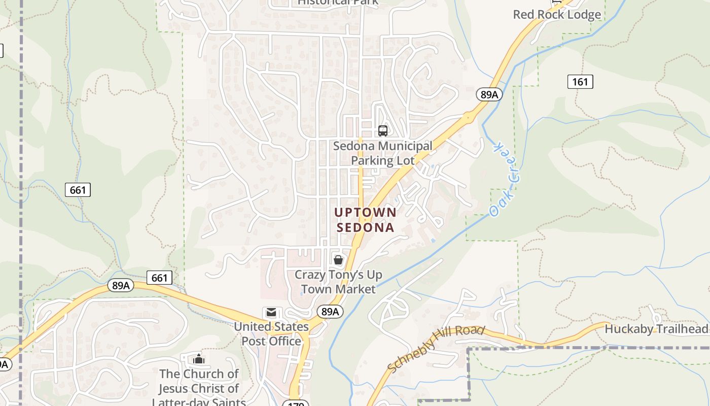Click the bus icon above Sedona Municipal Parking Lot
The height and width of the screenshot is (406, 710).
pyautogui.click(x=383, y=131)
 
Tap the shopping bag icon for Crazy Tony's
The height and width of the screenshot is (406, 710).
pyautogui.click(x=338, y=260)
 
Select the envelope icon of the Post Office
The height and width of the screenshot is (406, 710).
pyautogui.click(x=271, y=313)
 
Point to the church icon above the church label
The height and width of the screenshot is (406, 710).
pyautogui.click(x=198, y=359)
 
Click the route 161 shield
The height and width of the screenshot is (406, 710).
pyautogui.click(x=580, y=82)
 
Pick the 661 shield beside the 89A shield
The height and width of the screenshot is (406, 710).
pyautogui.click(x=159, y=278)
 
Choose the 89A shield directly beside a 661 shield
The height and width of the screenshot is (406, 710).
pyautogui.click(x=121, y=285)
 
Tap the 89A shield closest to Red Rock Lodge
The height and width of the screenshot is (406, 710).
pyautogui.click(x=489, y=94)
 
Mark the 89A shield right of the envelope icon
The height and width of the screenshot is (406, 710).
pyautogui.click(x=330, y=311)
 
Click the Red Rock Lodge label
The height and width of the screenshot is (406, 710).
pyautogui.click(x=557, y=15)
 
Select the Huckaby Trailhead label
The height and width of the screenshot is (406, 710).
pyautogui.click(x=656, y=329)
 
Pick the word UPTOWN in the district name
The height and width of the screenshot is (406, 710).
pyautogui.click(x=365, y=212)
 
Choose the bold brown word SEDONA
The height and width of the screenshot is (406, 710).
pyautogui.click(x=365, y=227)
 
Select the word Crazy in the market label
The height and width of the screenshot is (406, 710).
pyautogui.click(x=310, y=275)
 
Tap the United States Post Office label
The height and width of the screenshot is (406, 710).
pyautogui.click(x=271, y=334)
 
